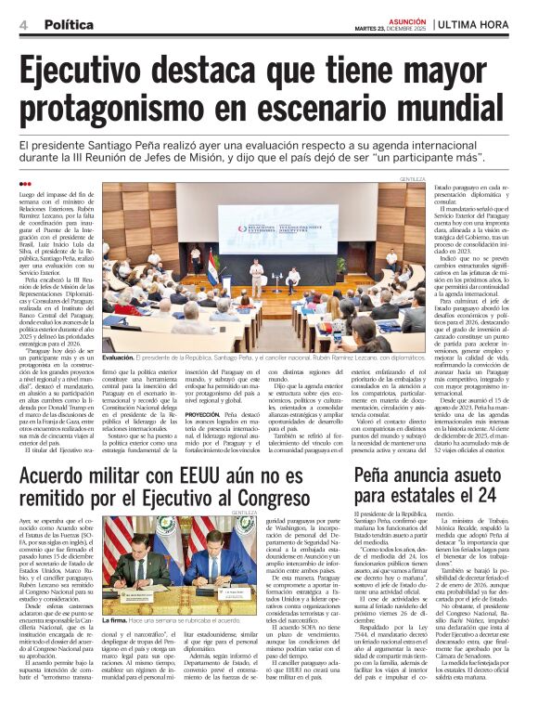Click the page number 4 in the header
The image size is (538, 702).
point(22,24)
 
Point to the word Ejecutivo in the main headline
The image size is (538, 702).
point(114,72)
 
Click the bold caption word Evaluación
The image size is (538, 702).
point(119,357)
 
